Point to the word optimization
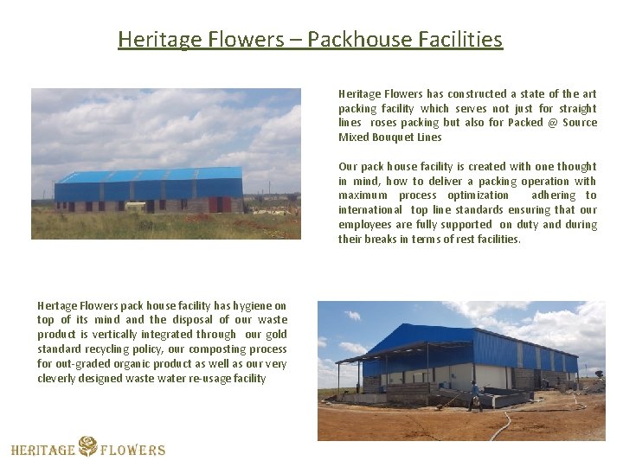(478, 195)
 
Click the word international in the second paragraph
(370, 210)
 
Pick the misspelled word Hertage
(57, 305)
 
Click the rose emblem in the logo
(87, 446)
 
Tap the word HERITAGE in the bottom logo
(43, 450)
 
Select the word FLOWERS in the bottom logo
(132, 450)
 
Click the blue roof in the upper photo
(147, 176)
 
